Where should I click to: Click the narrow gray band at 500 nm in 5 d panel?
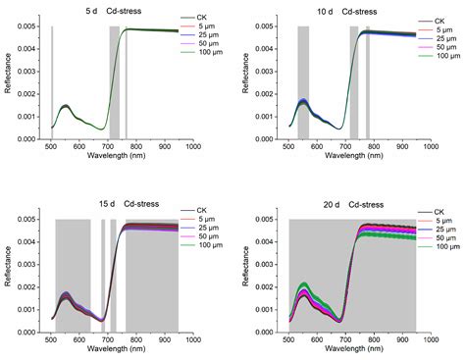(x=51, y=83)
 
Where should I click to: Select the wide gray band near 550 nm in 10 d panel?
(x=302, y=83)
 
